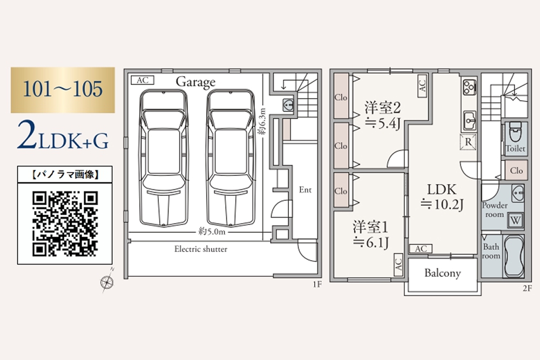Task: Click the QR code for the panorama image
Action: (x=65, y=223)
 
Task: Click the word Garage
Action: (x=195, y=82)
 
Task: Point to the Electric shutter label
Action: (x=200, y=249)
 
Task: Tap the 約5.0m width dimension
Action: (x=211, y=232)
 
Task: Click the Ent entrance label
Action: (x=305, y=190)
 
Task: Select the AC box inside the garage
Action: (x=142, y=80)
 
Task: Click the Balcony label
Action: (x=442, y=273)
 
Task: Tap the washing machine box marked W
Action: (x=515, y=220)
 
